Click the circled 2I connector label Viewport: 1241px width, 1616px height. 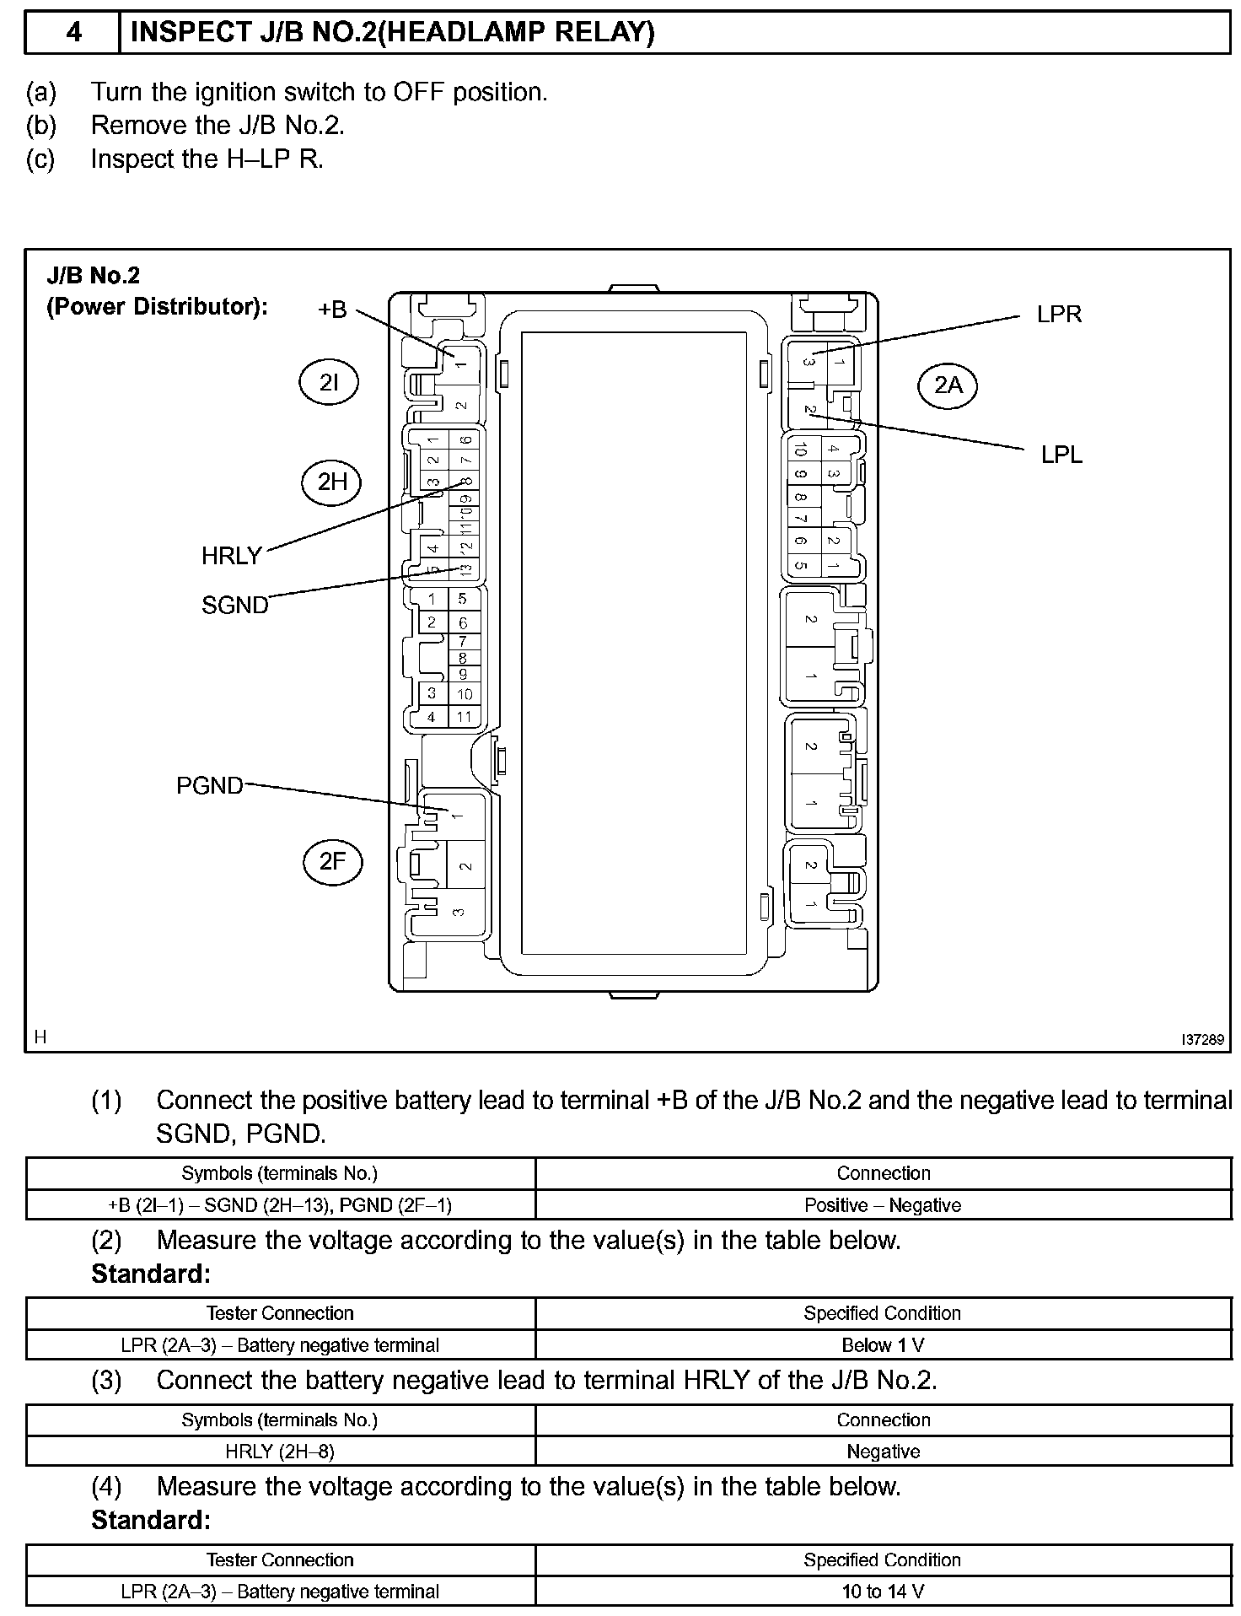(x=329, y=383)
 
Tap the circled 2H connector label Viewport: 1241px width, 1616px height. (x=332, y=482)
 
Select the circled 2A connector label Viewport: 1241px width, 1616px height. (x=948, y=385)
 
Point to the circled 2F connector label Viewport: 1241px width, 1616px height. (x=333, y=861)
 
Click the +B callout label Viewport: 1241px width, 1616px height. (x=333, y=310)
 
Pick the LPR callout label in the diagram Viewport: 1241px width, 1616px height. (x=1059, y=315)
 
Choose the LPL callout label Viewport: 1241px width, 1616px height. (x=1061, y=455)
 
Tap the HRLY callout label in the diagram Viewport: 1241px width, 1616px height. (x=232, y=556)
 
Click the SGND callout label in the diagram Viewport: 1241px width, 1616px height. (x=234, y=605)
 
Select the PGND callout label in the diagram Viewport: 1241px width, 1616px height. (x=209, y=786)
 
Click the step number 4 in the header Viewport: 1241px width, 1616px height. (x=74, y=33)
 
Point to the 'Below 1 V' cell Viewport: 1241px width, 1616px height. (x=883, y=1345)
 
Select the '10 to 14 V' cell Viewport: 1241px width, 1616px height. (x=883, y=1592)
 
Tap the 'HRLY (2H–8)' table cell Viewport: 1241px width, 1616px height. (x=280, y=1452)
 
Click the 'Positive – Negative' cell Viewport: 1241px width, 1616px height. (x=883, y=1205)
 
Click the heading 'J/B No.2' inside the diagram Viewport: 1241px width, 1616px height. (x=94, y=275)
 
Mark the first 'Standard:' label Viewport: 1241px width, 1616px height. (x=151, y=1274)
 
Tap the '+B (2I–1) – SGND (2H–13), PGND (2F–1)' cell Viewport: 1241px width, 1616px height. (x=280, y=1205)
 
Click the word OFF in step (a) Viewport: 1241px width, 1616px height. (x=419, y=92)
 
